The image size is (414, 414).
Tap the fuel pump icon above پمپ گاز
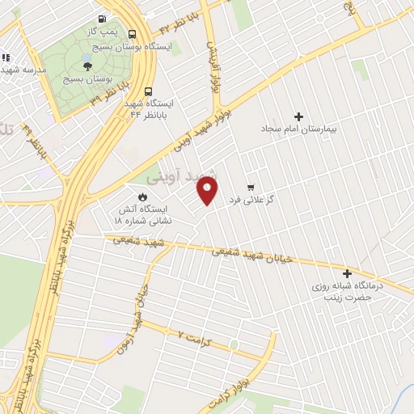pos(101,19)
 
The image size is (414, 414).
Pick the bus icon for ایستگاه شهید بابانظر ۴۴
pos(148,91)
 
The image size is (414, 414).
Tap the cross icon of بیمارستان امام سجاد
pos(298,116)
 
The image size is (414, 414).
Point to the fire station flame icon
pos(143,196)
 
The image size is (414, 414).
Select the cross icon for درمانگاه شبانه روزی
pos(348,274)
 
